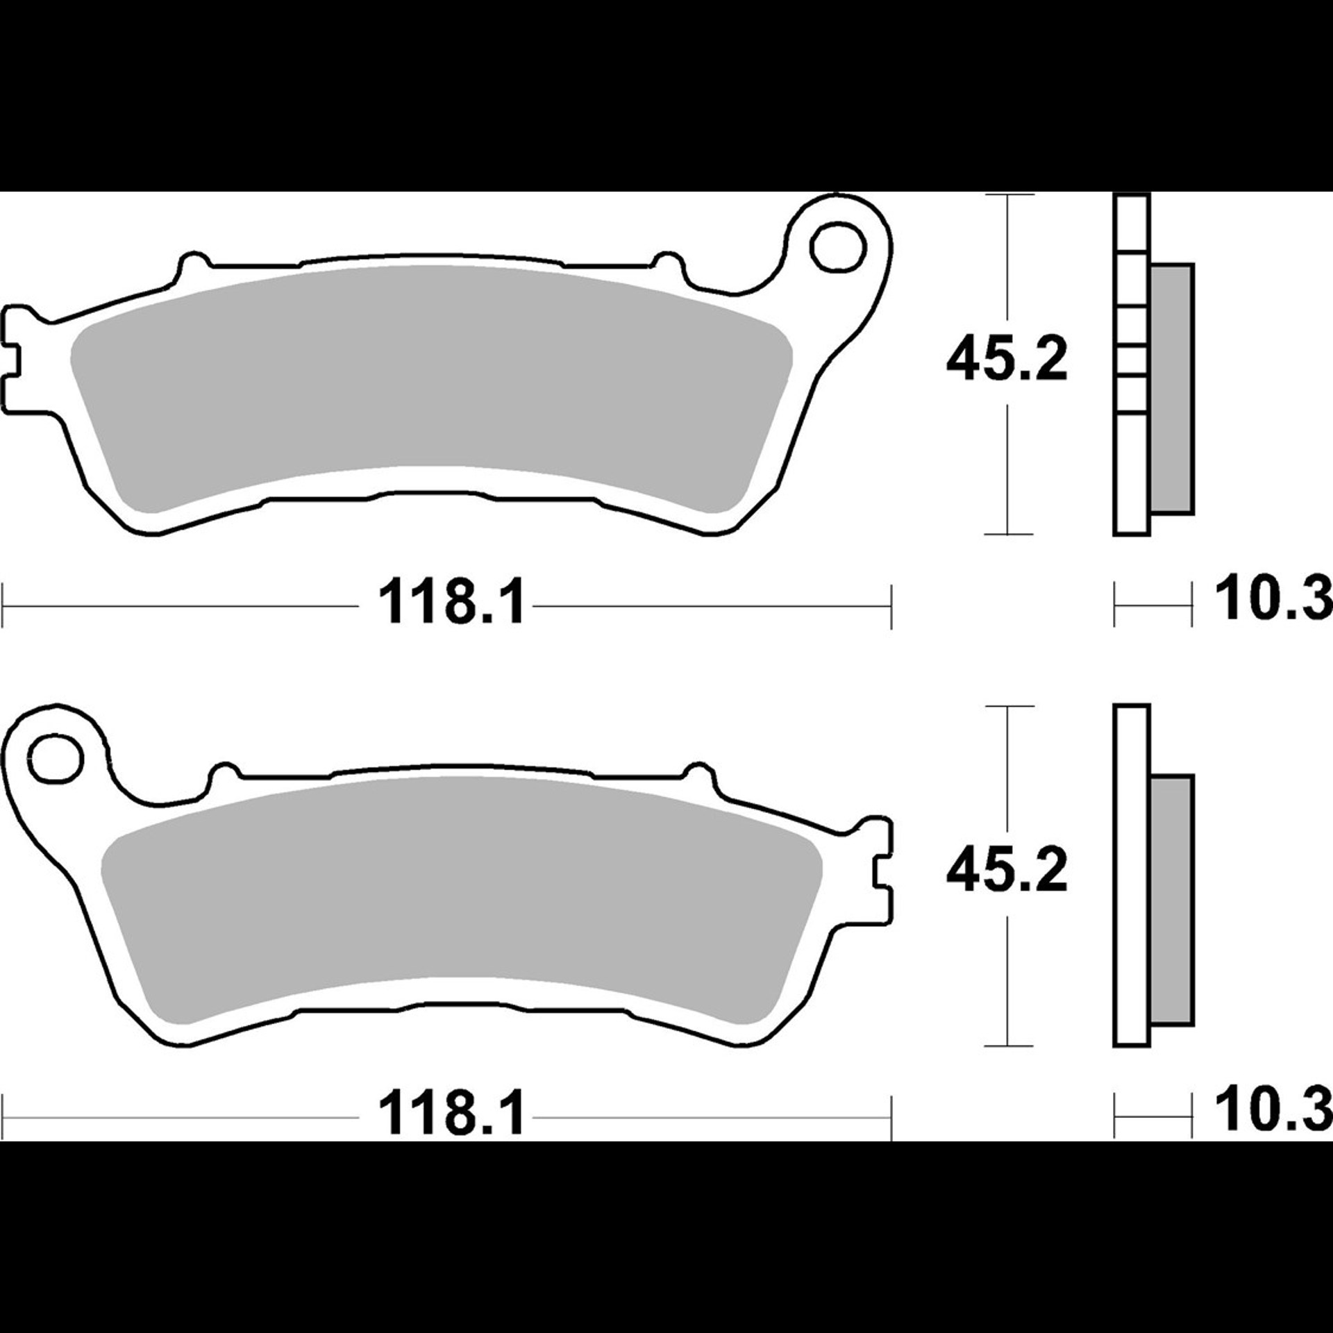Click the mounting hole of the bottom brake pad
tap(55, 757)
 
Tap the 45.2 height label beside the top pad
tap(1007, 360)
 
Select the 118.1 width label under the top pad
tap(452, 603)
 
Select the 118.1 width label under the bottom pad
tap(452, 1114)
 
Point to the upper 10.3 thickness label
tap(1273, 598)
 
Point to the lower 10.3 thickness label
tap(1273, 1109)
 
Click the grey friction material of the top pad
tap(430, 389)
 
